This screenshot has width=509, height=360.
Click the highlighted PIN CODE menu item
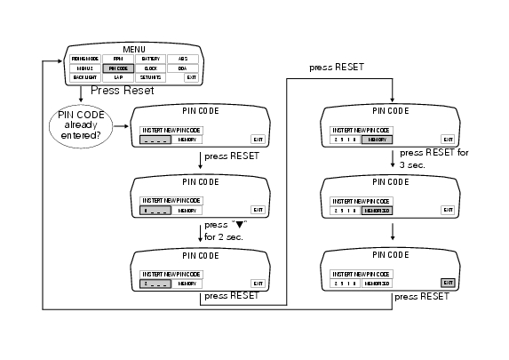117,68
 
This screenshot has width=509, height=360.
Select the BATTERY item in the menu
151,58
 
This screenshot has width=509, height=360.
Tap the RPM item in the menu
117,58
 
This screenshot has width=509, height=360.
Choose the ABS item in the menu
182,58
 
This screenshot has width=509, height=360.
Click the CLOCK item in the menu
151,68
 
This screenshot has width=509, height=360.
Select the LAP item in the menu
117,77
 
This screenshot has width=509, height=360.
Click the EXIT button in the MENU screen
190,77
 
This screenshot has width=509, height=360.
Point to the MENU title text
134,47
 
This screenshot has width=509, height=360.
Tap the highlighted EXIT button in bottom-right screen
448,282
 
